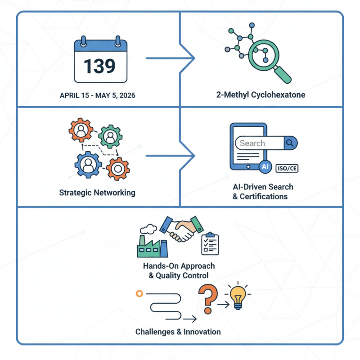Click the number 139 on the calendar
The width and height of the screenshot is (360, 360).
pos(99,66)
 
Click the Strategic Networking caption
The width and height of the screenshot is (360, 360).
pos(97,193)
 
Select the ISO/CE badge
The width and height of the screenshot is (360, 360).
pos(286,168)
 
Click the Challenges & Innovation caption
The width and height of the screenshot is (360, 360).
pos(178,332)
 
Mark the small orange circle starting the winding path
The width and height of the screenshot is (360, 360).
pos(139,293)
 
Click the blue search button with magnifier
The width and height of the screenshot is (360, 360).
pos(290,144)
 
